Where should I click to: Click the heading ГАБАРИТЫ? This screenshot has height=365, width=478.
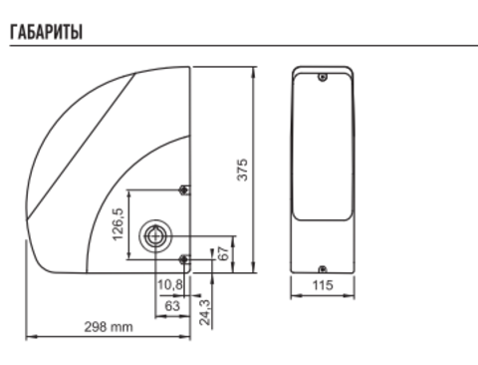(x=46, y=32)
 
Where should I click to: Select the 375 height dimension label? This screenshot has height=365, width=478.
(x=243, y=170)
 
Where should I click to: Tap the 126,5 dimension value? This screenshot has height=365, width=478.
(x=119, y=224)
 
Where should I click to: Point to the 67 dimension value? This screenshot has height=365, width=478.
(x=224, y=253)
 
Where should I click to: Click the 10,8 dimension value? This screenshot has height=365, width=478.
(x=170, y=284)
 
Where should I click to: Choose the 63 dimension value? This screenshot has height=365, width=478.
(x=172, y=306)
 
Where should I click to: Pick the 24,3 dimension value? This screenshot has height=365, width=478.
(x=205, y=312)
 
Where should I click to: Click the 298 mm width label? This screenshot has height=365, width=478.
(x=109, y=327)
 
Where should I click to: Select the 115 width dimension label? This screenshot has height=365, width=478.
(x=323, y=285)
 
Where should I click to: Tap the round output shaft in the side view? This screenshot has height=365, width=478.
(x=155, y=235)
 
